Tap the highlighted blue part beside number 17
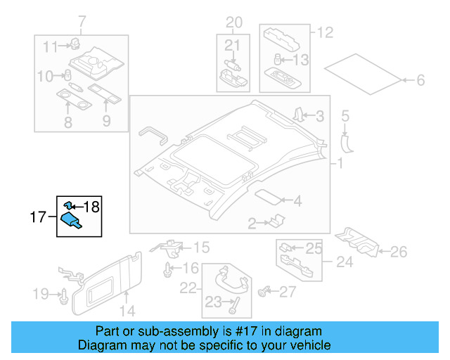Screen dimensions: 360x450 pos(71,221)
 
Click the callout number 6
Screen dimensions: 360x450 pos(420,81)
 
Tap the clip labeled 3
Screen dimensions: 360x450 pos(298,115)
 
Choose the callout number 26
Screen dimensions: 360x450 pos(398,251)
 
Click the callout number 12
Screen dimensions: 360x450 pos(324,32)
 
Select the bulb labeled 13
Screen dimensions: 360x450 pos(278,60)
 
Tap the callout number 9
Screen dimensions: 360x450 pos(106,122)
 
